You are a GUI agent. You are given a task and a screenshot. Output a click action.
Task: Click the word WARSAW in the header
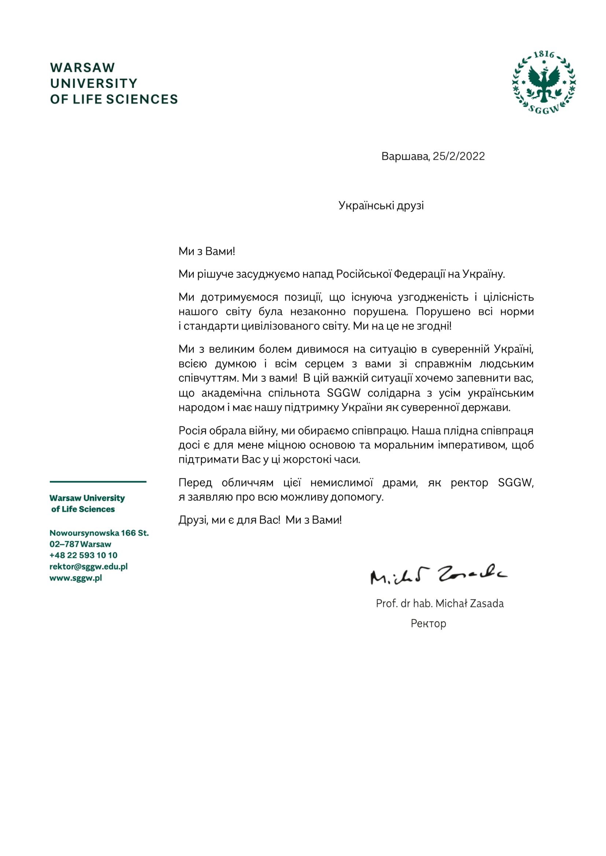[x=82, y=68]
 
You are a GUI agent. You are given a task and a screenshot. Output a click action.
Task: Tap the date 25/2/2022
[x=459, y=156]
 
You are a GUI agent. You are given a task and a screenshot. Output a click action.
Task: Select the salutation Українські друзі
[x=381, y=205]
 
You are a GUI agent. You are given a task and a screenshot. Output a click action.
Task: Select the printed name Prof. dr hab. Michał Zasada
[x=440, y=603]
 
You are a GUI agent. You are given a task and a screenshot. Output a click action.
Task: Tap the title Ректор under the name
[x=428, y=623]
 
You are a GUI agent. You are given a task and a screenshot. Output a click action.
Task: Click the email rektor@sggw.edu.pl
[x=88, y=567]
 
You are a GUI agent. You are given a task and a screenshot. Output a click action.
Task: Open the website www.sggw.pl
[x=76, y=578]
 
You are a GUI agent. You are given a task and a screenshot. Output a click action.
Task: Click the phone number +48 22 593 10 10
[x=83, y=556]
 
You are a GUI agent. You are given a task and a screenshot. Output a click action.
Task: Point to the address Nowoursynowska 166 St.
[x=99, y=533]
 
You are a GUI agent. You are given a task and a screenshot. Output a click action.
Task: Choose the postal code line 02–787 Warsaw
[x=80, y=544]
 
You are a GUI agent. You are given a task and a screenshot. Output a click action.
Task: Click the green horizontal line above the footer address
[x=98, y=482]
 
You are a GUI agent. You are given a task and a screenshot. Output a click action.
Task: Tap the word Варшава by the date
[x=405, y=156]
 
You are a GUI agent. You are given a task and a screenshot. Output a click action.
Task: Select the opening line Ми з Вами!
[x=207, y=251]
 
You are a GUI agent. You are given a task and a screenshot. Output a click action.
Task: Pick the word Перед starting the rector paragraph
[x=195, y=482]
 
